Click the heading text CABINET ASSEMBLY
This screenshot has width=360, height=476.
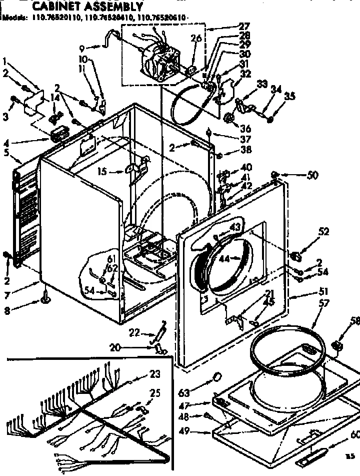pos(87,7)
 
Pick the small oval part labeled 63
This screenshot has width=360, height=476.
pos(217,376)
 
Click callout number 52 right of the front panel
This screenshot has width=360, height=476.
pos(323,231)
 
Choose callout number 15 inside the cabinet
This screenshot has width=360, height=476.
pos(102,172)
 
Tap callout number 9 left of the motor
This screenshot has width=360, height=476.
pos(82,49)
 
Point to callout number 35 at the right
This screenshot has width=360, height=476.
pos(289,97)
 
